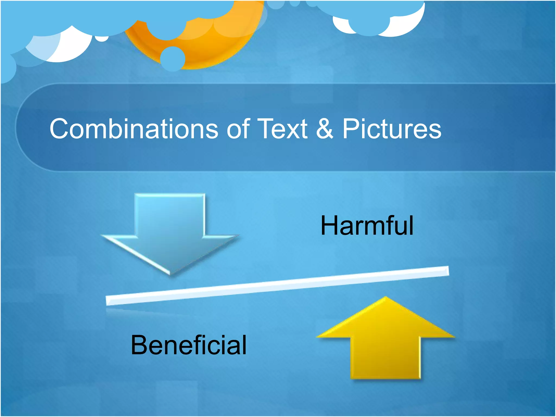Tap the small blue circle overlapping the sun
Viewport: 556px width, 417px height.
coord(173,59)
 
